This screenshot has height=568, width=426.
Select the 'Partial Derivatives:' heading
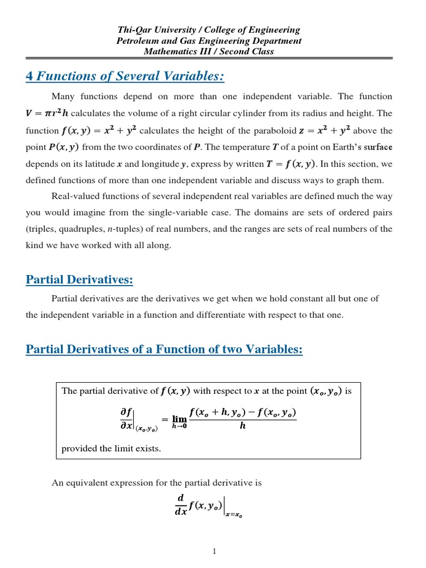tap(79, 280)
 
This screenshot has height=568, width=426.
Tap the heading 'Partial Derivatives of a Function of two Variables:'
tap(164, 349)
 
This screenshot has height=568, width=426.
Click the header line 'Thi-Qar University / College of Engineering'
tap(208, 30)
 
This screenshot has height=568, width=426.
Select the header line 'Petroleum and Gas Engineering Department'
tap(209, 41)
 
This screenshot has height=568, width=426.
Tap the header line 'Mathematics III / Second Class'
tap(209, 52)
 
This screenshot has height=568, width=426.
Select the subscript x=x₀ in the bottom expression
tap(234, 515)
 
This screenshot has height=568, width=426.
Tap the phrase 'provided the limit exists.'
tap(111, 448)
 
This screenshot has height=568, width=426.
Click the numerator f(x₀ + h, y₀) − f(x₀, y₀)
tap(242, 412)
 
